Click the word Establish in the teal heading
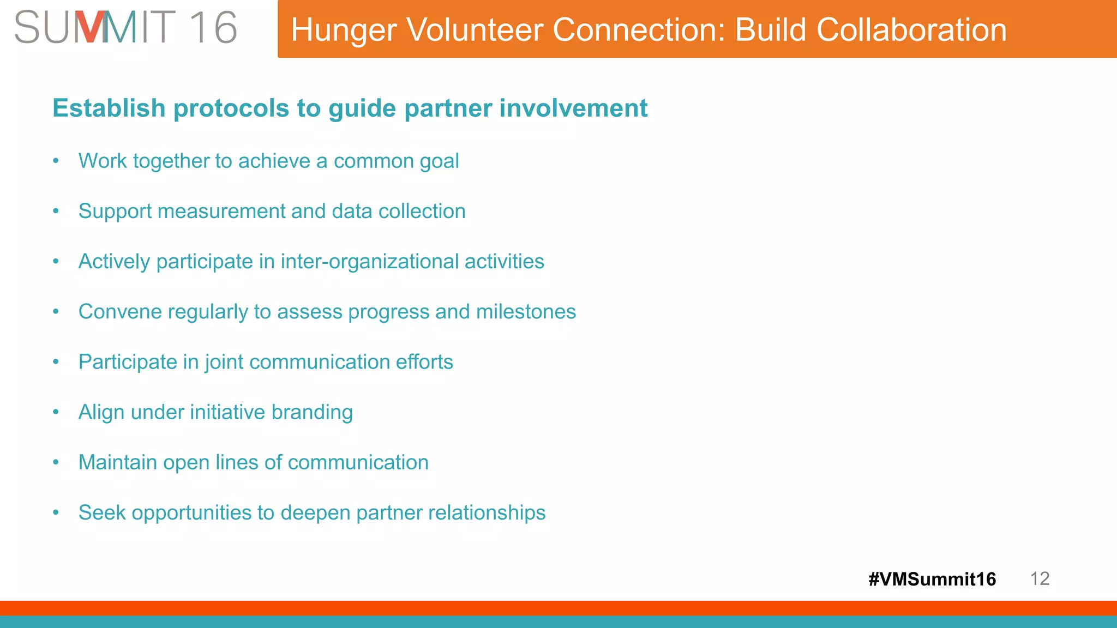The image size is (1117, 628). (x=109, y=108)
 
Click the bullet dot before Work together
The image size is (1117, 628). (x=56, y=161)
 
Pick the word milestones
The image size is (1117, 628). (x=526, y=312)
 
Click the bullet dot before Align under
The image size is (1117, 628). (x=56, y=412)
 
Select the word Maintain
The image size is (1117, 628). (x=117, y=462)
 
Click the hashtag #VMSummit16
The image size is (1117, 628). (x=932, y=579)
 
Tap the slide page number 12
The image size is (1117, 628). (x=1040, y=578)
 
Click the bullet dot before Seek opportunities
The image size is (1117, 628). (x=56, y=512)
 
